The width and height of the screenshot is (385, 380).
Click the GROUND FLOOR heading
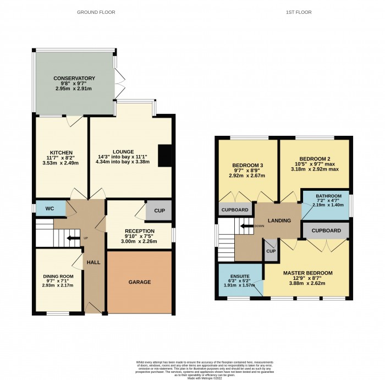(x=96, y=12)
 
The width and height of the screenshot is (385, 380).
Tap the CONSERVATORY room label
(x=74, y=79)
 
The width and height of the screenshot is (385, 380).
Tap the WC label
(x=49, y=209)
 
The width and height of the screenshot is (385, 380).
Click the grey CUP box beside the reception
(x=159, y=210)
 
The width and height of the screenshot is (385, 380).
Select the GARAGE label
(x=140, y=282)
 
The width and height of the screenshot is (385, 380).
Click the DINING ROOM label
(x=58, y=276)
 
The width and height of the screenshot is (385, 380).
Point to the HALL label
(x=94, y=263)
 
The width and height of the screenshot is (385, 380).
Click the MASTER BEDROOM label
(x=307, y=273)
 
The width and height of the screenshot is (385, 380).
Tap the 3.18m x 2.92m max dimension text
(x=315, y=169)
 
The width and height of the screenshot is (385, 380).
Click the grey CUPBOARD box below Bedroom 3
(x=235, y=210)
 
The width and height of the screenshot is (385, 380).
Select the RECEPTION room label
(x=139, y=231)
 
